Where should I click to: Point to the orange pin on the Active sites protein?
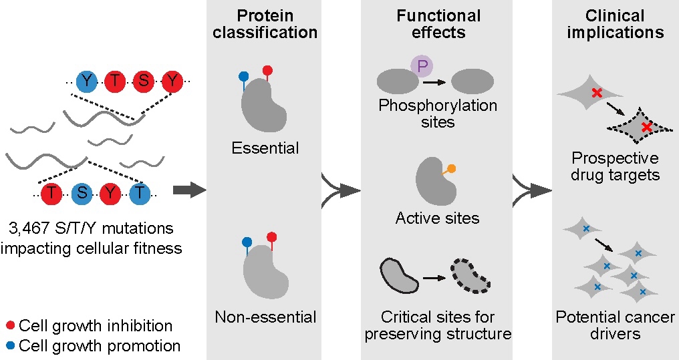452,170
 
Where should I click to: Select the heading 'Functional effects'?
437,23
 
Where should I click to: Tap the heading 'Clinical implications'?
615,23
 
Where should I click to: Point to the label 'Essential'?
265,148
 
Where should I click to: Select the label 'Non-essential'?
265,316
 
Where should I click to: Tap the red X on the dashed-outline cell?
646,127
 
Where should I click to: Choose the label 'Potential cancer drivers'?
615,324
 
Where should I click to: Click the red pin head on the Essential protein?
267,70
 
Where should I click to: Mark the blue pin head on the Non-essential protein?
246,242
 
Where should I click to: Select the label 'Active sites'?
437,218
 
